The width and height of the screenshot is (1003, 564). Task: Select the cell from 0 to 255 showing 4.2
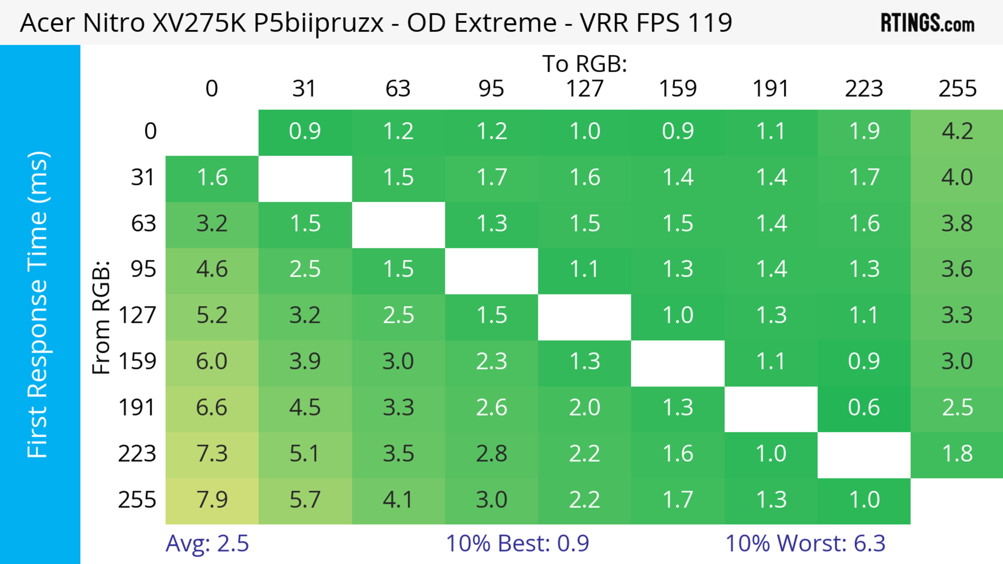coord(957,132)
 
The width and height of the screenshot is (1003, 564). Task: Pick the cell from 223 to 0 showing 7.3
coord(212,454)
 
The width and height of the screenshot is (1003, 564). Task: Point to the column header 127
coord(585,89)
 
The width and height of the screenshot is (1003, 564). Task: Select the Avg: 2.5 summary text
coord(207,543)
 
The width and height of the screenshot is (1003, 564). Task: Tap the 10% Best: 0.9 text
coord(517,543)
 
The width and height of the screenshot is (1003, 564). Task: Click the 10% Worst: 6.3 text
coord(805,543)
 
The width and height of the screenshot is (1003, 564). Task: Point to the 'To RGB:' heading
coord(585,64)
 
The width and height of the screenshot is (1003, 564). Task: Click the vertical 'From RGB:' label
coord(101,317)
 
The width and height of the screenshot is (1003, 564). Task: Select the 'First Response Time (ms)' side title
coord(38,304)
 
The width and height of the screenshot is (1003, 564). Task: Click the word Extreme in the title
coord(505,23)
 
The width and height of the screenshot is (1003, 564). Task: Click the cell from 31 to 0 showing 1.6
coord(212,178)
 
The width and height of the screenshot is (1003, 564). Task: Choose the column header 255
coord(957,89)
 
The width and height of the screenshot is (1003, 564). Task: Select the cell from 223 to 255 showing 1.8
coord(957,454)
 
